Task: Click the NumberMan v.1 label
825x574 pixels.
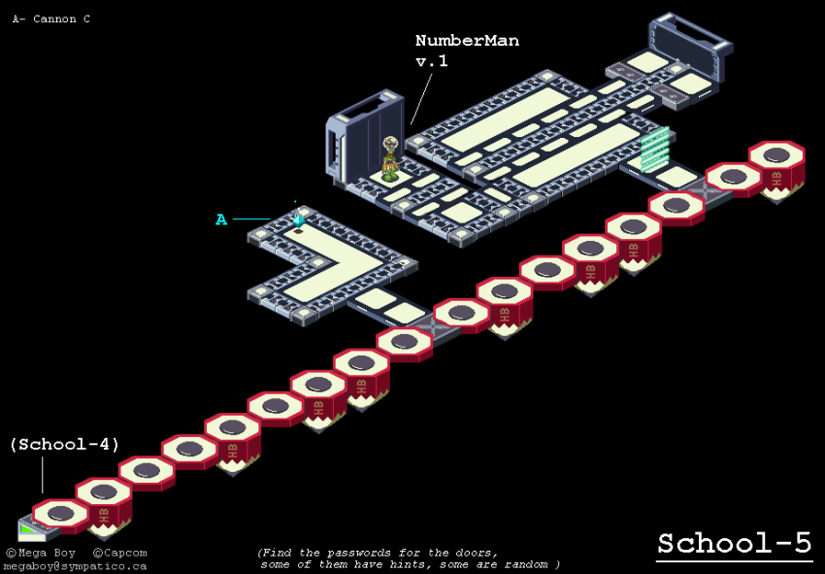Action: coord(466,51)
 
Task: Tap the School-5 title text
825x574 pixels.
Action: coord(734,544)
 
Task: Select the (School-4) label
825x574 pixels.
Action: coord(64,445)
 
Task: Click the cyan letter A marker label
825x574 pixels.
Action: coord(221,220)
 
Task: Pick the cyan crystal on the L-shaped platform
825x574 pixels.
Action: coord(299,220)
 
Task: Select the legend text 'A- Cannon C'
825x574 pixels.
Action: coord(51,18)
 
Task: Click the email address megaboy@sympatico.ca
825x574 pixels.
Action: coord(75,566)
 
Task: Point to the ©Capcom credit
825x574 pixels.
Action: coord(120,554)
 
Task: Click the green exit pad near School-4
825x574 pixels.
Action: coord(31,528)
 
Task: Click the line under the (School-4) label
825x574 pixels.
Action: coord(43,475)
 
